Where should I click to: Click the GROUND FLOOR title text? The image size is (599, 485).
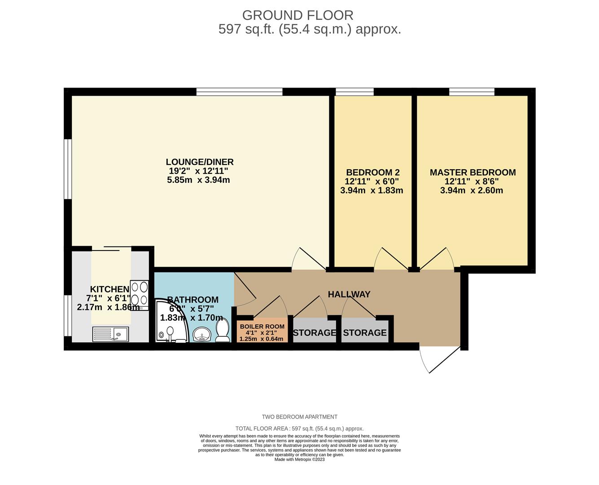coord(297,15)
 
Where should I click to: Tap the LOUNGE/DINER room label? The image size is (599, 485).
coord(200,162)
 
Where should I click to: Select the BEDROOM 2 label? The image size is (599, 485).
coord(372,172)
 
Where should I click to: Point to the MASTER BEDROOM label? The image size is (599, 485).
coord(472,172)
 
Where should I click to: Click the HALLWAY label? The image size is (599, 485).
coord(349,295)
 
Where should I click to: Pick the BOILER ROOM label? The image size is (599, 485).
coord(262,326)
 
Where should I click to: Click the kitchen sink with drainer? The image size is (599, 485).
coord(111,334)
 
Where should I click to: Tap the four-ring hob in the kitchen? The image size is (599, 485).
coord(140,295)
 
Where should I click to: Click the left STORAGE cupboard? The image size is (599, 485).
coord(314,333)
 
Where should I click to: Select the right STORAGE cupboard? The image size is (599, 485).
coord(365,333)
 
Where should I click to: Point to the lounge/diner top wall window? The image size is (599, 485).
coord(239,92)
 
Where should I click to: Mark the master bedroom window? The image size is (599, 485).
coord(472,92)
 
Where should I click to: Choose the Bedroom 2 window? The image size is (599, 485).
coord(354,92)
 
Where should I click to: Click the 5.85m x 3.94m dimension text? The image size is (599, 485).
coord(198,180)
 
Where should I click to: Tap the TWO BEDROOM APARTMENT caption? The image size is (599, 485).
coord(299,417)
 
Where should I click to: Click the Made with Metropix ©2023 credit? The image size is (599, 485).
coord(299,459)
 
